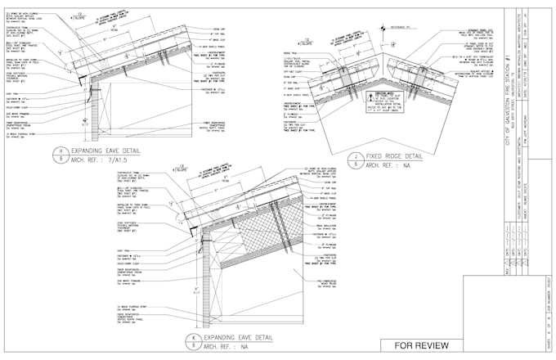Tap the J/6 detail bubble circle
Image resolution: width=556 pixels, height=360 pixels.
[357, 159]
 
